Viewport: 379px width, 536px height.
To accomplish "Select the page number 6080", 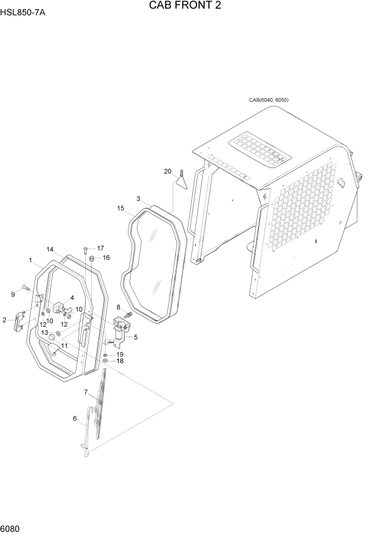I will coord(10,528).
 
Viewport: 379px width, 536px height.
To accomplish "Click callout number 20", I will coord(167,171).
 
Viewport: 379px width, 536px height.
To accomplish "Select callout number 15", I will coord(120,207).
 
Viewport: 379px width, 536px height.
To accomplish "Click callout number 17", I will coord(100,248).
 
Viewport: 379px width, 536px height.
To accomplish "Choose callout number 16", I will coord(106,258).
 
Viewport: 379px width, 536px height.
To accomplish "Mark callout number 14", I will coord(50,250).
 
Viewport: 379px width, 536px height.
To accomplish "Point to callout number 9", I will coord(13,294).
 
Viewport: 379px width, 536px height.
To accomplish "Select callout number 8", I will coord(119,307).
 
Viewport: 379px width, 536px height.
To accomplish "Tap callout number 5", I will coord(136,337).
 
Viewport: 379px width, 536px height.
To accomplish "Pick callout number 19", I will coord(120,354).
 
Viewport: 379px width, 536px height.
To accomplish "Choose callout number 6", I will coord(75,418).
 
